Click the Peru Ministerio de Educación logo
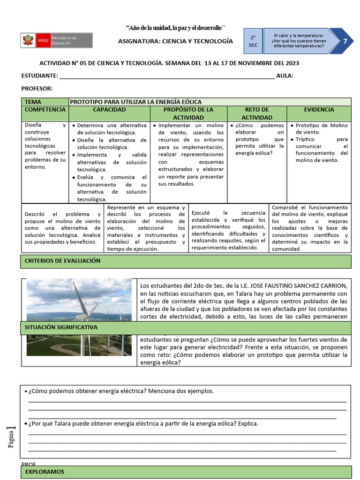(56, 40)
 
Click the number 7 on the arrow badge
(345, 41)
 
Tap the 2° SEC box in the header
(253, 41)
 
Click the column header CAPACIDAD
(109, 110)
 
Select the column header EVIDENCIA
(319, 110)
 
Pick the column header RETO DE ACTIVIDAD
(256, 113)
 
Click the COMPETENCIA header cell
(45, 110)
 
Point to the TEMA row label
(33, 102)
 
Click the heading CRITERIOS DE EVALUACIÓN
(62, 261)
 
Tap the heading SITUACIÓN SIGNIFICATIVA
(61, 327)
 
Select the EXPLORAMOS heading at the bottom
(45, 472)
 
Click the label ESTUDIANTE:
(40, 76)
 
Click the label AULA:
(285, 76)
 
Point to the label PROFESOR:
(37, 89)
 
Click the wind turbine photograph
(79, 300)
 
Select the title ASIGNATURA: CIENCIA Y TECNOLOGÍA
(175, 41)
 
